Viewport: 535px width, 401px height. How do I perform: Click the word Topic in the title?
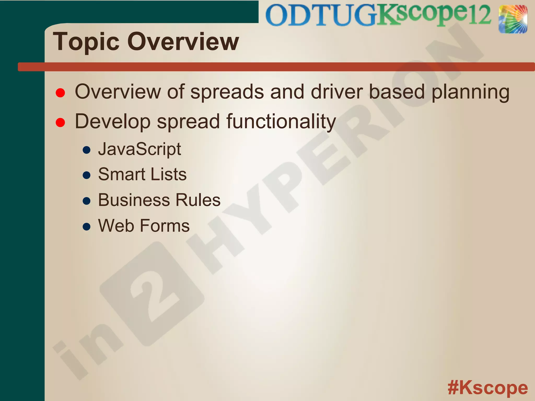pyautogui.click(x=86, y=42)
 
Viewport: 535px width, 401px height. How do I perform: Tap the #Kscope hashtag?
pyautogui.click(x=487, y=388)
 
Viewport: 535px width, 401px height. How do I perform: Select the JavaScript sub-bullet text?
pyautogui.click(x=139, y=149)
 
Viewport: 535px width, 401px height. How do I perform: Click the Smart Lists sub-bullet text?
pyautogui.click(x=142, y=174)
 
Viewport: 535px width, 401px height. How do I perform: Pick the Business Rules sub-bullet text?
pyautogui.click(x=159, y=200)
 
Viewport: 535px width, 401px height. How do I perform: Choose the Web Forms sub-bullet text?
pyautogui.click(x=144, y=226)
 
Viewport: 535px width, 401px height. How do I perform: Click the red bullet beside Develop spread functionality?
pyautogui.click(x=60, y=122)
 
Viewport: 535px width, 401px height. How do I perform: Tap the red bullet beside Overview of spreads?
pyautogui.click(x=60, y=93)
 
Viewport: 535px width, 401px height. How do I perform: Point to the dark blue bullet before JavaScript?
pyautogui.click(x=86, y=150)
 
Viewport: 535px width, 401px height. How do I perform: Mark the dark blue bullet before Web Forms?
pyautogui.click(x=86, y=226)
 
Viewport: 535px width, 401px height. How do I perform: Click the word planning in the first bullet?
pyautogui.click(x=470, y=92)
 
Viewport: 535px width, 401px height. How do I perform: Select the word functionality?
pyautogui.click(x=281, y=122)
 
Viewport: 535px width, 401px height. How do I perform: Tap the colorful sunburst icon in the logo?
pyautogui.click(x=513, y=19)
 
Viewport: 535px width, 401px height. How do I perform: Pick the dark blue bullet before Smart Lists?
pyautogui.click(x=86, y=175)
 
